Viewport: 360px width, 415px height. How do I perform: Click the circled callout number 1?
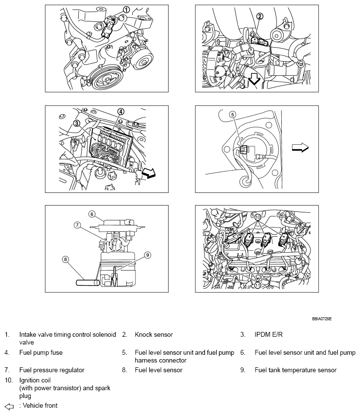[x=126, y=10]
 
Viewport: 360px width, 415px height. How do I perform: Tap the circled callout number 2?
[x=260, y=17]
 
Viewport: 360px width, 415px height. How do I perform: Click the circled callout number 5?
[x=233, y=115]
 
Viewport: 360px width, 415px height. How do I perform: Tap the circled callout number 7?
[x=77, y=225]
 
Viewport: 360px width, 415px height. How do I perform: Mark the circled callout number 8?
[x=66, y=259]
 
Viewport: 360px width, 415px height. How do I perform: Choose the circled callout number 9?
[x=148, y=254]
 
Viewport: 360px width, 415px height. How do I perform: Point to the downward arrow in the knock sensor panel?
[x=254, y=79]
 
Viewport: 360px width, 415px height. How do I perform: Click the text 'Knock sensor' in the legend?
[x=154, y=335]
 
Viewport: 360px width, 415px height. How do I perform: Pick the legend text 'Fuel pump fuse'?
[x=41, y=352]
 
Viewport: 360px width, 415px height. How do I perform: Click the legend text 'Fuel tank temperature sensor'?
[x=295, y=370]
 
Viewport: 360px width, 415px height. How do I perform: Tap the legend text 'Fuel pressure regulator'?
[x=51, y=370]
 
